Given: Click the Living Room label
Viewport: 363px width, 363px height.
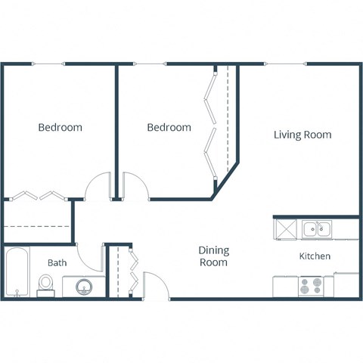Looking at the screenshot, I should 302,135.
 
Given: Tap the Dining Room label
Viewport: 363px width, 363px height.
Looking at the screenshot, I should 213,256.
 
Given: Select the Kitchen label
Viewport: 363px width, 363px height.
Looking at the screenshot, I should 315,256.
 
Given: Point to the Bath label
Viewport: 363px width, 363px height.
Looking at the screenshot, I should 57,262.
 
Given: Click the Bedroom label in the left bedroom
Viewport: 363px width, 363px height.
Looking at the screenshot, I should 60,127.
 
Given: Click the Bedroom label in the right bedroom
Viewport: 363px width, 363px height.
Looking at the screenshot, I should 169,127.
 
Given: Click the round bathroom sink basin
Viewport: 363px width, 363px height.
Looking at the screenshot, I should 85,287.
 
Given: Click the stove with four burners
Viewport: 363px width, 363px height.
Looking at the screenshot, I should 310,287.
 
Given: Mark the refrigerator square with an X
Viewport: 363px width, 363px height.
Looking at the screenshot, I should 286,228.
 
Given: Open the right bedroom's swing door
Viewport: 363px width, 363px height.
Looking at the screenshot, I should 136,186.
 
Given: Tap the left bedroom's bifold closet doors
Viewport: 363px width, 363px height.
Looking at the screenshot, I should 39,194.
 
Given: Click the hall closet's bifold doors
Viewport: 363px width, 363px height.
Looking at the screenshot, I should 133,270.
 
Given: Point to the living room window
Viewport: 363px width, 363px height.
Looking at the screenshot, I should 273,64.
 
